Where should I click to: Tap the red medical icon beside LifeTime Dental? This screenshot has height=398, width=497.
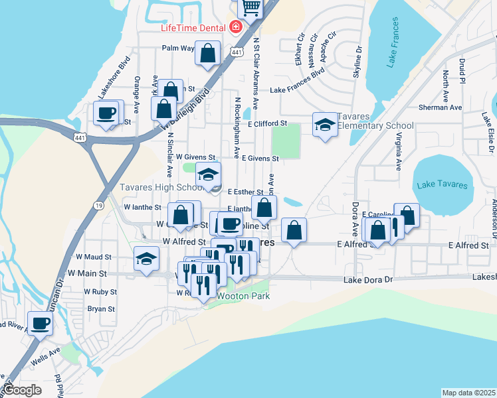click(x=234, y=28)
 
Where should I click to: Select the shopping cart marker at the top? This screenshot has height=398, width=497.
click(x=251, y=7)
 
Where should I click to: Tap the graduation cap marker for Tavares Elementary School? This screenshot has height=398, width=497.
click(x=325, y=125)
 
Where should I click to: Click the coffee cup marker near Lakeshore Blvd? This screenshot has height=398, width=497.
click(x=106, y=113)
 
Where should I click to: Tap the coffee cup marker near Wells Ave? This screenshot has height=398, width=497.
click(x=41, y=323)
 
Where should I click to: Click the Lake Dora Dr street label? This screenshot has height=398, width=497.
click(x=369, y=280)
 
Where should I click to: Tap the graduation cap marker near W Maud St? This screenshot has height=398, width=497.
click(x=146, y=258)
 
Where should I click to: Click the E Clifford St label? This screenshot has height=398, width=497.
click(x=266, y=123)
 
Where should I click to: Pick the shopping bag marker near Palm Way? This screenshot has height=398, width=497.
click(x=207, y=52)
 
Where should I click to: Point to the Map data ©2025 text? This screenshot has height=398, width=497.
click(x=468, y=393)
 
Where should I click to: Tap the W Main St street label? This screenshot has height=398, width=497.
click(x=86, y=273)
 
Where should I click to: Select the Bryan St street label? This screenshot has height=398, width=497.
click(x=101, y=308)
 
